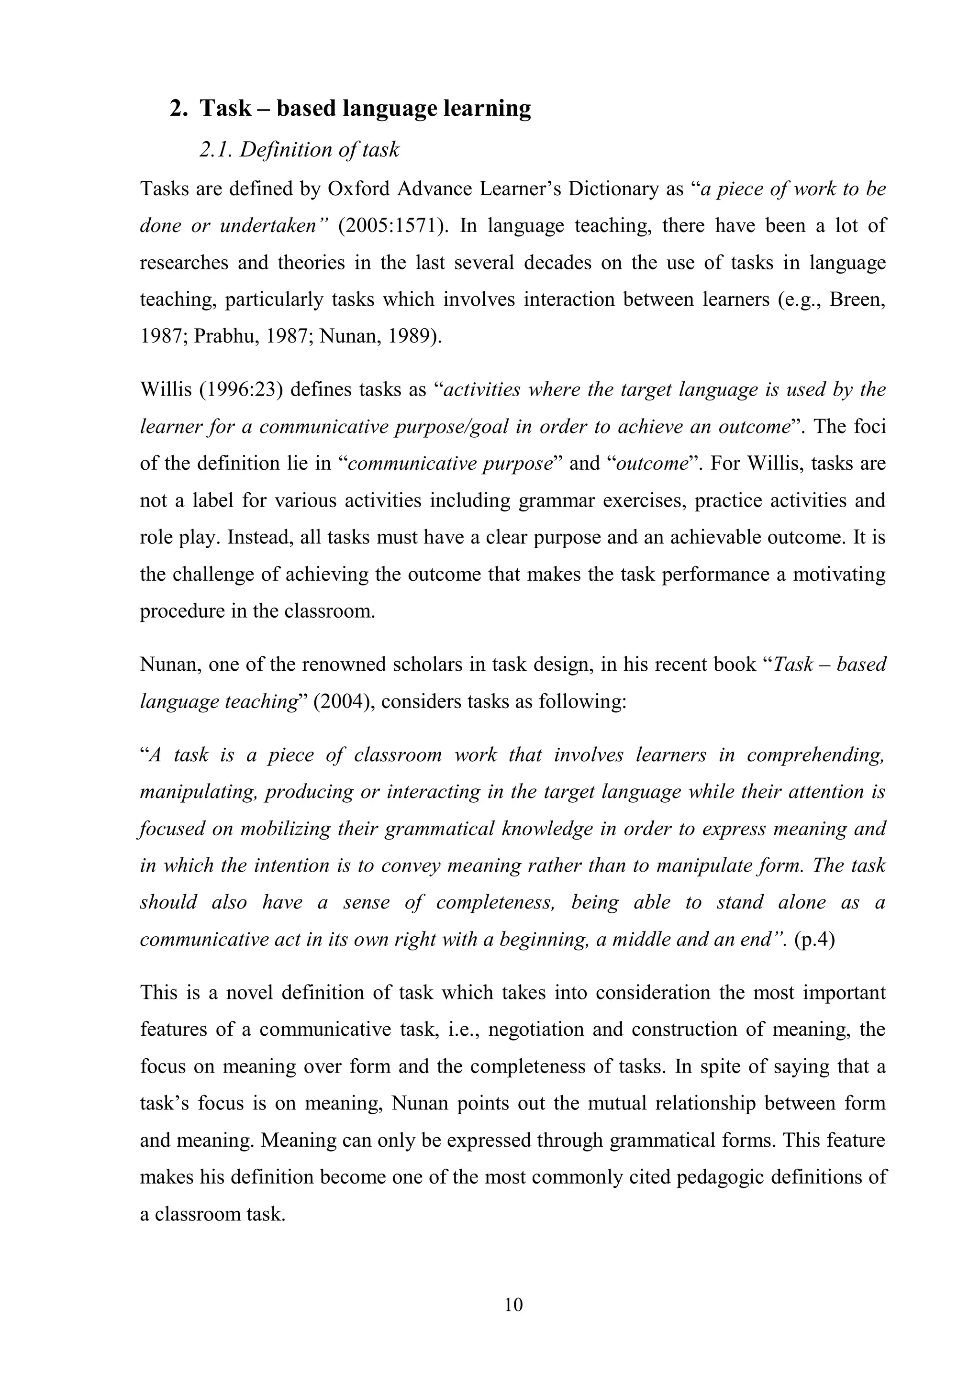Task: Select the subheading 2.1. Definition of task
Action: [x=299, y=150]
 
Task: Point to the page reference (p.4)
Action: [x=814, y=939]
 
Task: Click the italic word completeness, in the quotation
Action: [x=495, y=902]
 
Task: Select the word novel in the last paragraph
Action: [x=250, y=992]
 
